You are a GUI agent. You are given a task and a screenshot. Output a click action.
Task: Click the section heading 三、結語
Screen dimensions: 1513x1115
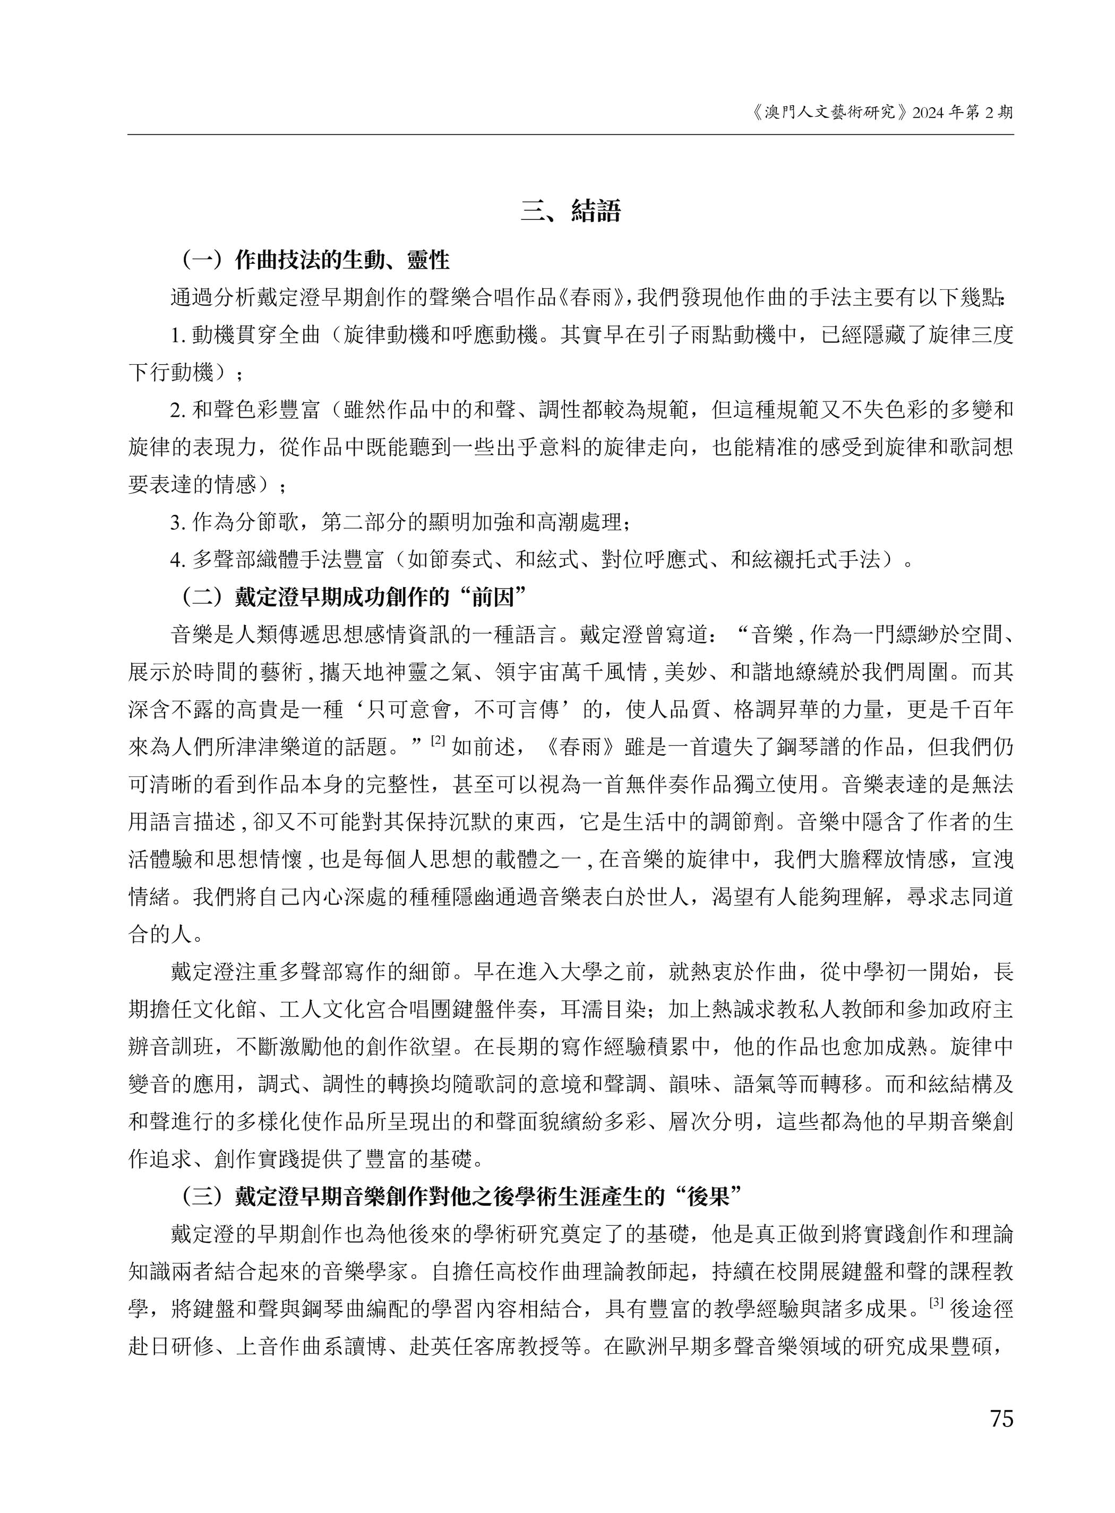click(570, 212)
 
